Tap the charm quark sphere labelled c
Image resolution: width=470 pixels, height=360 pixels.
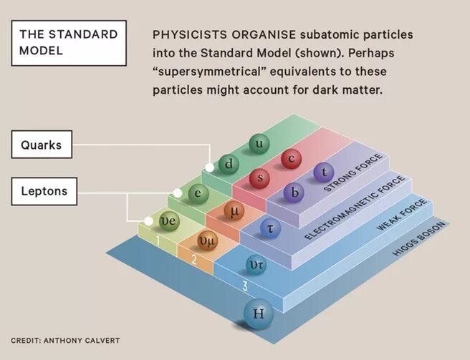291,160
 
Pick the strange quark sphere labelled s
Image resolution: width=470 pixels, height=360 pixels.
260,177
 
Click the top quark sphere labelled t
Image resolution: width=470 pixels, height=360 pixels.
324,172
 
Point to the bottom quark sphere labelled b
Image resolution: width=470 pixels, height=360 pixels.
293,192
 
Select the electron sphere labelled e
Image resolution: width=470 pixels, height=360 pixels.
198,192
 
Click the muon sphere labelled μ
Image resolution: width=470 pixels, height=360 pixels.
234,210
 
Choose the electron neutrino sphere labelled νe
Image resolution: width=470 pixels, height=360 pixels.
167,220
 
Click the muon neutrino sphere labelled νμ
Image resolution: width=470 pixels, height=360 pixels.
206,242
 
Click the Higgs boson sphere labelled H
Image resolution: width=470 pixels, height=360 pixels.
259,313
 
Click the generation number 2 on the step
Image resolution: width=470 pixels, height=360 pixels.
193,259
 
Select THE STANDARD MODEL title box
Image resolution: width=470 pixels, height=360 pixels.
64,42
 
